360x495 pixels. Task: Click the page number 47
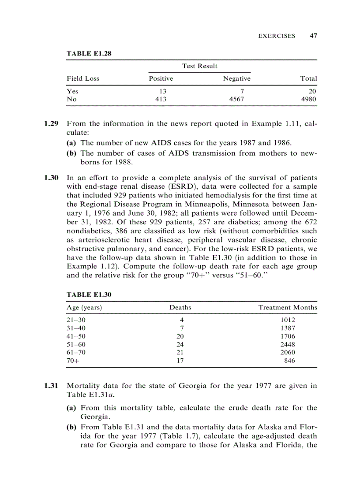(313, 36)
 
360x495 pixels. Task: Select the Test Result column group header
(199, 66)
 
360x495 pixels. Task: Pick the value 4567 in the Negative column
(236, 100)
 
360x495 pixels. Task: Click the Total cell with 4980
(308, 100)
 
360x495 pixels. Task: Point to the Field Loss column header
(83, 78)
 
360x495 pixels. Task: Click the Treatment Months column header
(287, 308)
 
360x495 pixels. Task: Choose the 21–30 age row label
(76, 320)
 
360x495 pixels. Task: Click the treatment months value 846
(290, 361)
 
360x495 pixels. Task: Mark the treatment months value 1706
(288, 336)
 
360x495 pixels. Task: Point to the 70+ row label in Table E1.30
(73, 361)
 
